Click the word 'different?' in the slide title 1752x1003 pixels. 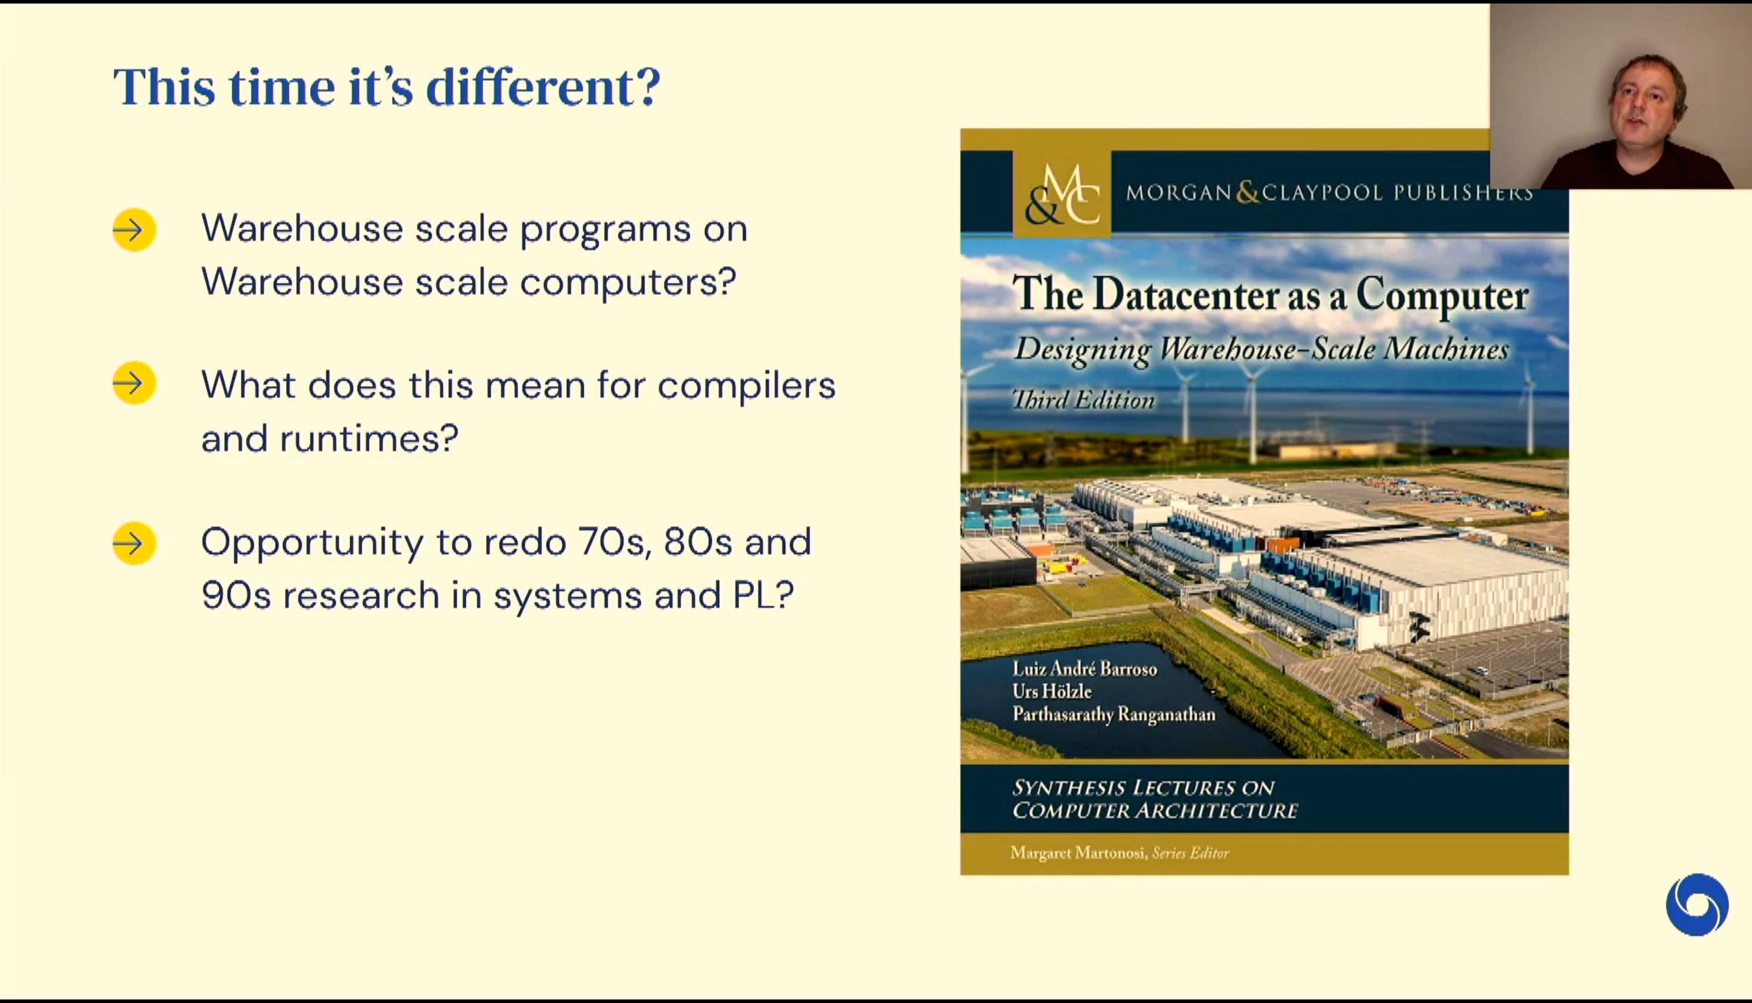pos(543,87)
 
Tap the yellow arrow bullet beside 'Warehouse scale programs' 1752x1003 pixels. pos(134,230)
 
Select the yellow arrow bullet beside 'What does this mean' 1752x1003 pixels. pos(134,383)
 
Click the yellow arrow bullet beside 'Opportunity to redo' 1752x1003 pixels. pos(134,543)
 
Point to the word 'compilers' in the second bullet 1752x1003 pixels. pos(747,386)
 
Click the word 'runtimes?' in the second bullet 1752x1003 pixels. pos(369,438)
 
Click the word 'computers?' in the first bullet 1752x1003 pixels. pos(628,283)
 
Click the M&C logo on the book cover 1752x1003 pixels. pos(1062,194)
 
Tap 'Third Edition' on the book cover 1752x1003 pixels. pos(1083,399)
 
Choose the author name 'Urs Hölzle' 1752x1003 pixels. pos(1052,691)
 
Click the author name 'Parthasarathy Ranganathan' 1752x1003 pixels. pos(1114,714)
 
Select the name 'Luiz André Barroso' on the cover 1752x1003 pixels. pos(1085,668)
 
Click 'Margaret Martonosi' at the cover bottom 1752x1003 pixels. pos(1077,853)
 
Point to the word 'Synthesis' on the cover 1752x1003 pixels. pos(1069,788)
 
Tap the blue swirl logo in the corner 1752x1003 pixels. pos(1697,904)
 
